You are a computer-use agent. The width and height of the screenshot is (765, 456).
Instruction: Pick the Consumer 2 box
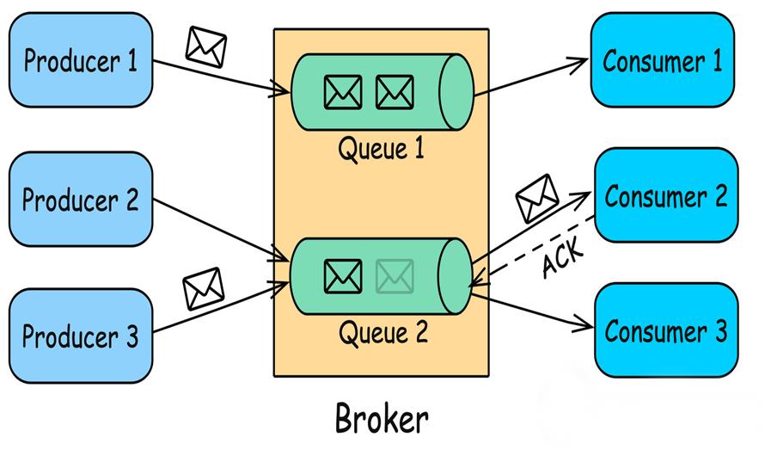pyautogui.click(x=666, y=195)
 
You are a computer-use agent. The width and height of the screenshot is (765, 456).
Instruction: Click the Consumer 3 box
pyautogui.click(x=666, y=330)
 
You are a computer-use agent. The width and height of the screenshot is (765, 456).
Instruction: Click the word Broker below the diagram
pyautogui.click(x=381, y=420)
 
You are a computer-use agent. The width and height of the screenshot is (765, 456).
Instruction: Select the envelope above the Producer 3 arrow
pyautogui.click(x=204, y=288)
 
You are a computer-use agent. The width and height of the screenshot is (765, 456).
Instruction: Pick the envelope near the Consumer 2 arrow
pyautogui.click(x=537, y=197)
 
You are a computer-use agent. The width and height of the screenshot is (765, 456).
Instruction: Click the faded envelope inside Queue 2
pyautogui.click(x=395, y=275)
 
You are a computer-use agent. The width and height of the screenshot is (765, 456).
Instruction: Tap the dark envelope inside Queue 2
pyautogui.click(x=343, y=275)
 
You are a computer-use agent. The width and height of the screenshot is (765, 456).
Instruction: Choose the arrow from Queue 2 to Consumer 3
pyautogui.click(x=533, y=311)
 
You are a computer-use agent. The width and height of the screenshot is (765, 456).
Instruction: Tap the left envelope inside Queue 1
pyautogui.click(x=343, y=92)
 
